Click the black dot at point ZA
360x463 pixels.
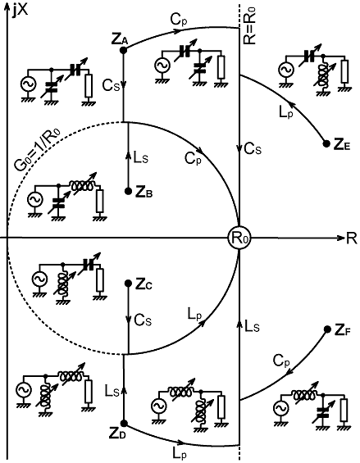pyautogui.click(x=123, y=50)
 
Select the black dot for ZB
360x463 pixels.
pyautogui.click(x=128, y=191)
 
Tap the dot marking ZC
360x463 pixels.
pyautogui.click(x=128, y=284)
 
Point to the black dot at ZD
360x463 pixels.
pyautogui.click(x=124, y=424)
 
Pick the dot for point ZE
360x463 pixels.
pyautogui.click(x=326, y=143)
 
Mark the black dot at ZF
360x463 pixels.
pyautogui.click(x=327, y=329)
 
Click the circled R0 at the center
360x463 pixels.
pyautogui.click(x=239, y=238)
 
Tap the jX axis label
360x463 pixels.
pyautogui.click(x=21, y=11)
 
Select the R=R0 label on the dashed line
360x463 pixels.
pyautogui.click(x=250, y=25)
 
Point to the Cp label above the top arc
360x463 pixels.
pyautogui.click(x=179, y=20)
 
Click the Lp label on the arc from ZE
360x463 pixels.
pyautogui.click(x=286, y=112)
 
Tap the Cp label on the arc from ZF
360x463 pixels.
pyautogui.click(x=281, y=361)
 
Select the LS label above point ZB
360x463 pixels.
pyautogui.click(x=141, y=158)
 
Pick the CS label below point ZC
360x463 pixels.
pyautogui.click(x=143, y=320)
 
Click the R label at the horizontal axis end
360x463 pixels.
pyautogui.click(x=352, y=238)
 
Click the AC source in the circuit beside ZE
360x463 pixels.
pyautogui.click(x=286, y=70)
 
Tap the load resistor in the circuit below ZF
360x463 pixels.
pyautogui.click(x=344, y=410)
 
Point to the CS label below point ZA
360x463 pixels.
pyautogui.click(x=112, y=85)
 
